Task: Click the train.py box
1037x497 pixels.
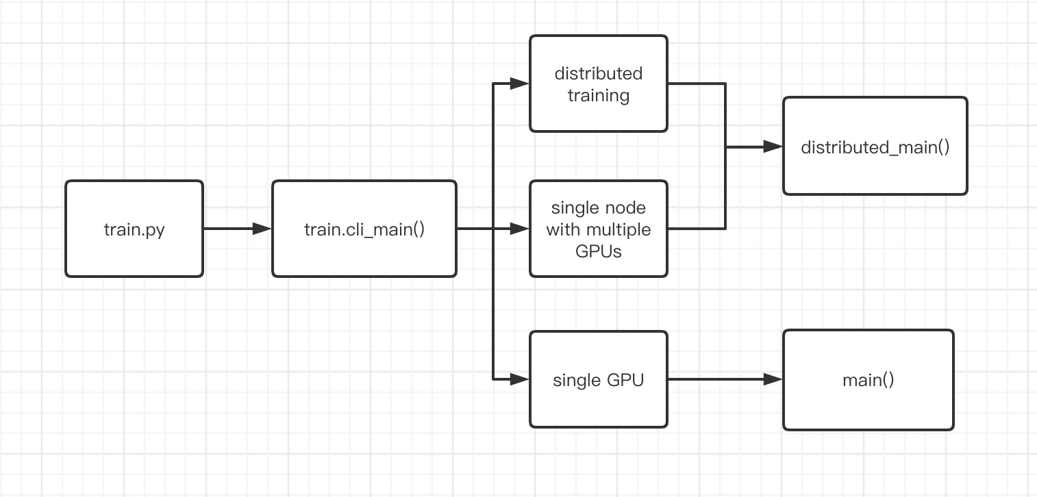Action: [x=134, y=229]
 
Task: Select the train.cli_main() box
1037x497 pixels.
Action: [x=364, y=229]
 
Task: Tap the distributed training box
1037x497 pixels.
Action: [x=599, y=84]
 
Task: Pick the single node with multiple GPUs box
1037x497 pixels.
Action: [x=599, y=229]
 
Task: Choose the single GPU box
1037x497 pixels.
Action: [x=599, y=379]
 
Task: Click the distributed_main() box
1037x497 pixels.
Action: [x=875, y=146]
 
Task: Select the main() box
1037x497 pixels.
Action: [x=868, y=379]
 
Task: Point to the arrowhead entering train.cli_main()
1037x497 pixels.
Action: [x=263, y=229]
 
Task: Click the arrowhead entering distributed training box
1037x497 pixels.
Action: [x=521, y=84]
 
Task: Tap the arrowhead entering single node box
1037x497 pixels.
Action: [x=521, y=229]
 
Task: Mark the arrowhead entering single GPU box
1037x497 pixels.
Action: [x=521, y=379]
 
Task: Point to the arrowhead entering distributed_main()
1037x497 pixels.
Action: [x=774, y=146]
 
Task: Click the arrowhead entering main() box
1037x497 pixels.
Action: [x=774, y=379]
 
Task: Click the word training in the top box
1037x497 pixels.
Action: [x=599, y=95]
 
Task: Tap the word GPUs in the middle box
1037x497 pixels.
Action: [x=599, y=251]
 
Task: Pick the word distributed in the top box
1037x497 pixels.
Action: [x=599, y=73]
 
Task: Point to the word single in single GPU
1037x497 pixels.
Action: [x=575, y=380]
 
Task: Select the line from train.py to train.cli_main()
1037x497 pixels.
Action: [x=229, y=229]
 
